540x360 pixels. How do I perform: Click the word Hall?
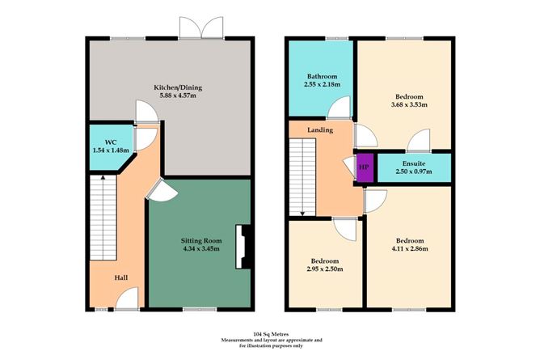pyautogui.click(x=120, y=277)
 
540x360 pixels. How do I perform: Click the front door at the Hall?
pyautogui.click(x=125, y=302)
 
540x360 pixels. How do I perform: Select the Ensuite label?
pyautogui.click(x=412, y=161)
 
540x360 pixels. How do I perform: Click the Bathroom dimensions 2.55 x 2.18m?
pyautogui.click(x=320, y=84)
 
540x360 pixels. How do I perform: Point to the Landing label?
pyautogui.click(x=320, y=129)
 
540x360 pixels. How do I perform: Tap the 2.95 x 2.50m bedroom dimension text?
pyautogui.click(x=325, y=268)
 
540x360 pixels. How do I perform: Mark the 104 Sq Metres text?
pyautogui.click(x=270, y=334)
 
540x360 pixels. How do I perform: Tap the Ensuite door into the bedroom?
pyautogui.click(x=420, y=143)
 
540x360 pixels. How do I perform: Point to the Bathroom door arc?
pyautogui.click(x=341, y=106)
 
